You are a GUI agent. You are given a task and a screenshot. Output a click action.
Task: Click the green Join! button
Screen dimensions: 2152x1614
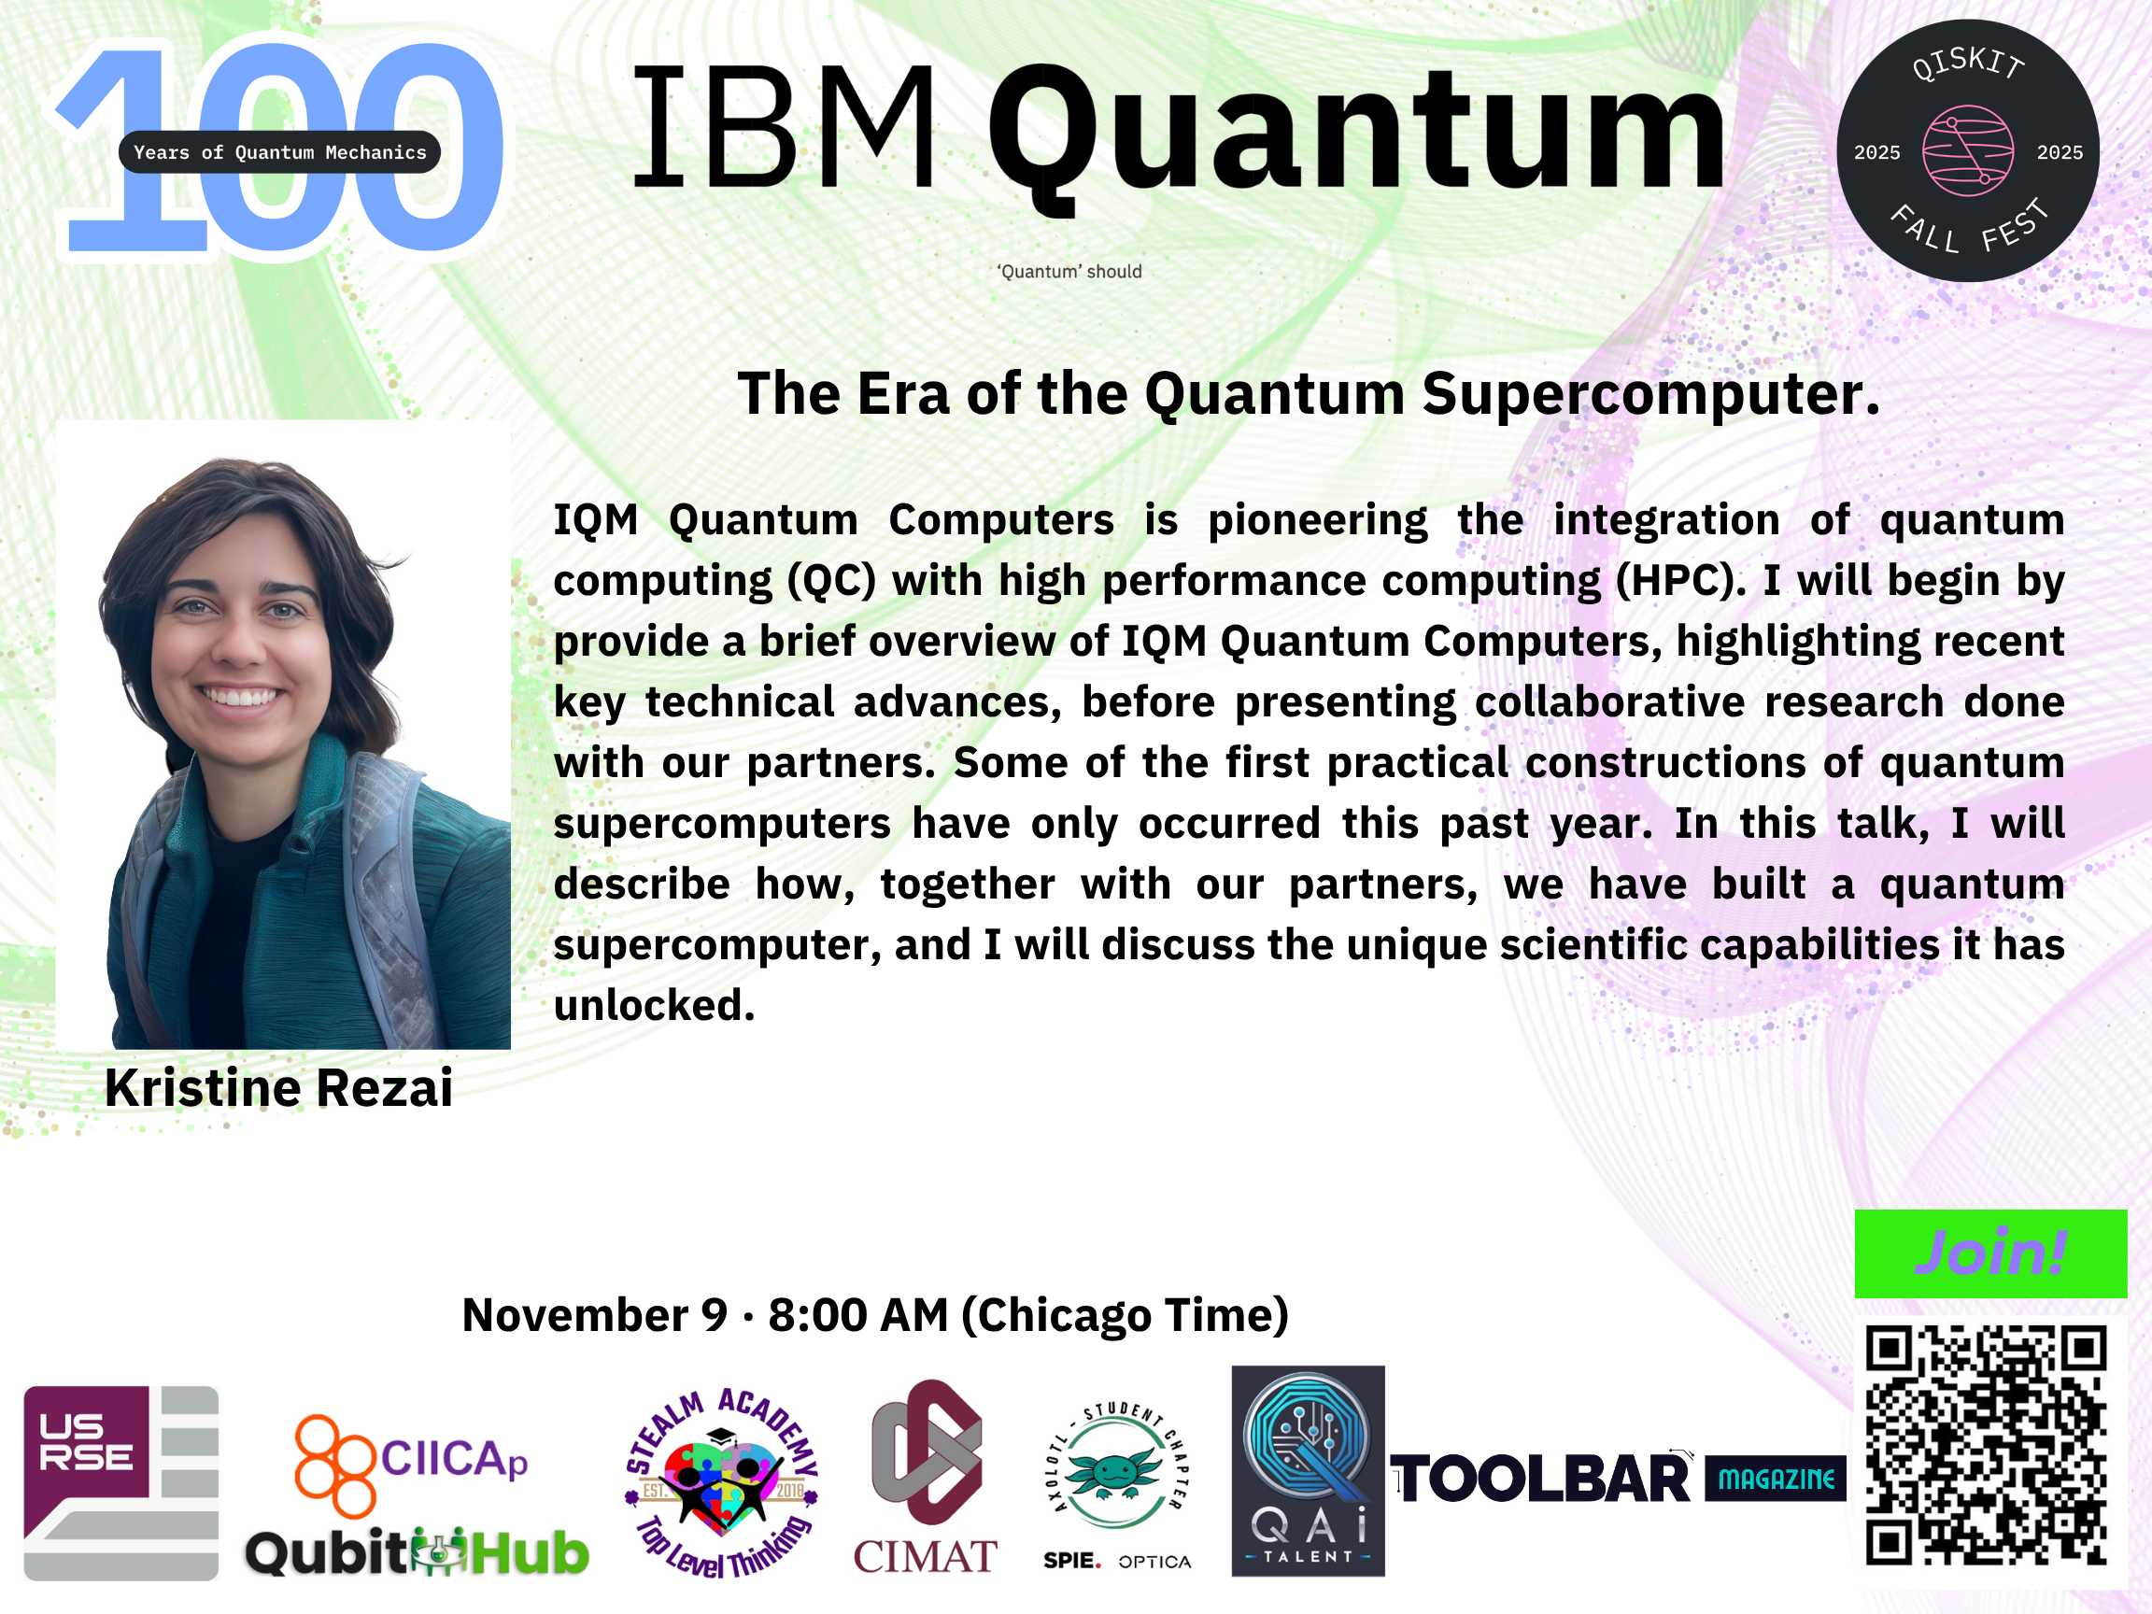coord(1990,1253)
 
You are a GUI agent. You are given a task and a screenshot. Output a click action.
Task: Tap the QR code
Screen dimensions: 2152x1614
coord(1986,1445)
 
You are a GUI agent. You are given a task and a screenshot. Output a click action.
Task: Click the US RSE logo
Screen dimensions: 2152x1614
coord(120,1482)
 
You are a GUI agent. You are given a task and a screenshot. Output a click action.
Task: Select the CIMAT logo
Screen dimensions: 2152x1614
coord(926,1477)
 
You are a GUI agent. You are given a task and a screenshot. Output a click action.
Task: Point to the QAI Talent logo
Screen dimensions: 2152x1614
coord(1308,1470)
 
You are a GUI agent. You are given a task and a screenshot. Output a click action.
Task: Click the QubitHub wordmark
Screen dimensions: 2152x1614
coord(417,1551)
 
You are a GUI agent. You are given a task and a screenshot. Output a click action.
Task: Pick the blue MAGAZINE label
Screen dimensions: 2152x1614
coord(1776,1479)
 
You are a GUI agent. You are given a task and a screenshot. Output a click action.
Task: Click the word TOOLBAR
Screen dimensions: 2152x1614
coord(1540,1479)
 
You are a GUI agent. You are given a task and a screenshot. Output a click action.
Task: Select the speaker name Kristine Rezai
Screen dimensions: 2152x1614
coord(278,1087)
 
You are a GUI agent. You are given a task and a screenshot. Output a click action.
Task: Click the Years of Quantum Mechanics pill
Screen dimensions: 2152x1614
coord(279,151)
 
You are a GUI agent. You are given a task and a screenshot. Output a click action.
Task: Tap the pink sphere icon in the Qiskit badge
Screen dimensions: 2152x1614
coord(1967,150)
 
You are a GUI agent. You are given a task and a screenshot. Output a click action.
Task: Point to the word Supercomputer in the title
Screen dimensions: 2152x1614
coord(1651,394)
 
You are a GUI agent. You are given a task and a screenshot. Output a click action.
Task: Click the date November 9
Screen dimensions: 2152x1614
coord(594,1315)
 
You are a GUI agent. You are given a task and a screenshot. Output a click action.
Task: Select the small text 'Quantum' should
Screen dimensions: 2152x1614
coord(1069,272)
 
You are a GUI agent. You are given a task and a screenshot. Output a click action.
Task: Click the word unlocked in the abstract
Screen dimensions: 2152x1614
coord(654,1005)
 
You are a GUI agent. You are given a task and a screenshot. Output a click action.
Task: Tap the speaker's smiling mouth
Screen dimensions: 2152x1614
coord(241,696)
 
